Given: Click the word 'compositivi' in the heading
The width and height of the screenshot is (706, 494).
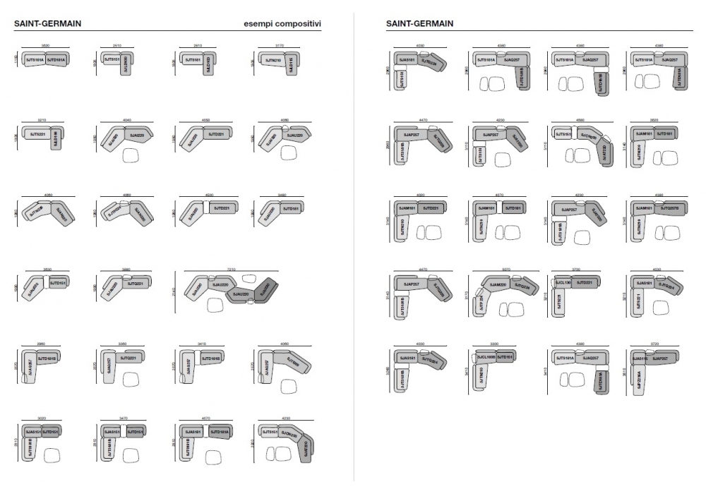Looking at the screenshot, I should (299, 23).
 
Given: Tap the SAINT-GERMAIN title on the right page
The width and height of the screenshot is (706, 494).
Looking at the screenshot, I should (419, 23).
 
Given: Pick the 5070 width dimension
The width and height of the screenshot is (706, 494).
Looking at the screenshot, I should (501, 269).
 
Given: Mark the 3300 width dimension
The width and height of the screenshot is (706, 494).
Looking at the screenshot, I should (494, 344).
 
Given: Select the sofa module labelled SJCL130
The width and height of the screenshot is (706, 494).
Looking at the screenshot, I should (563, 282).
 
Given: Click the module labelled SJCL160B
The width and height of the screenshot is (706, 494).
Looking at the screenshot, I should (486, 358).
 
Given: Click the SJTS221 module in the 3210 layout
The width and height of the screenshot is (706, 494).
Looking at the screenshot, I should (37, 133).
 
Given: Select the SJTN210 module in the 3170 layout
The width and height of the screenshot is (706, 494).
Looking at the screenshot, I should (273, 61).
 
